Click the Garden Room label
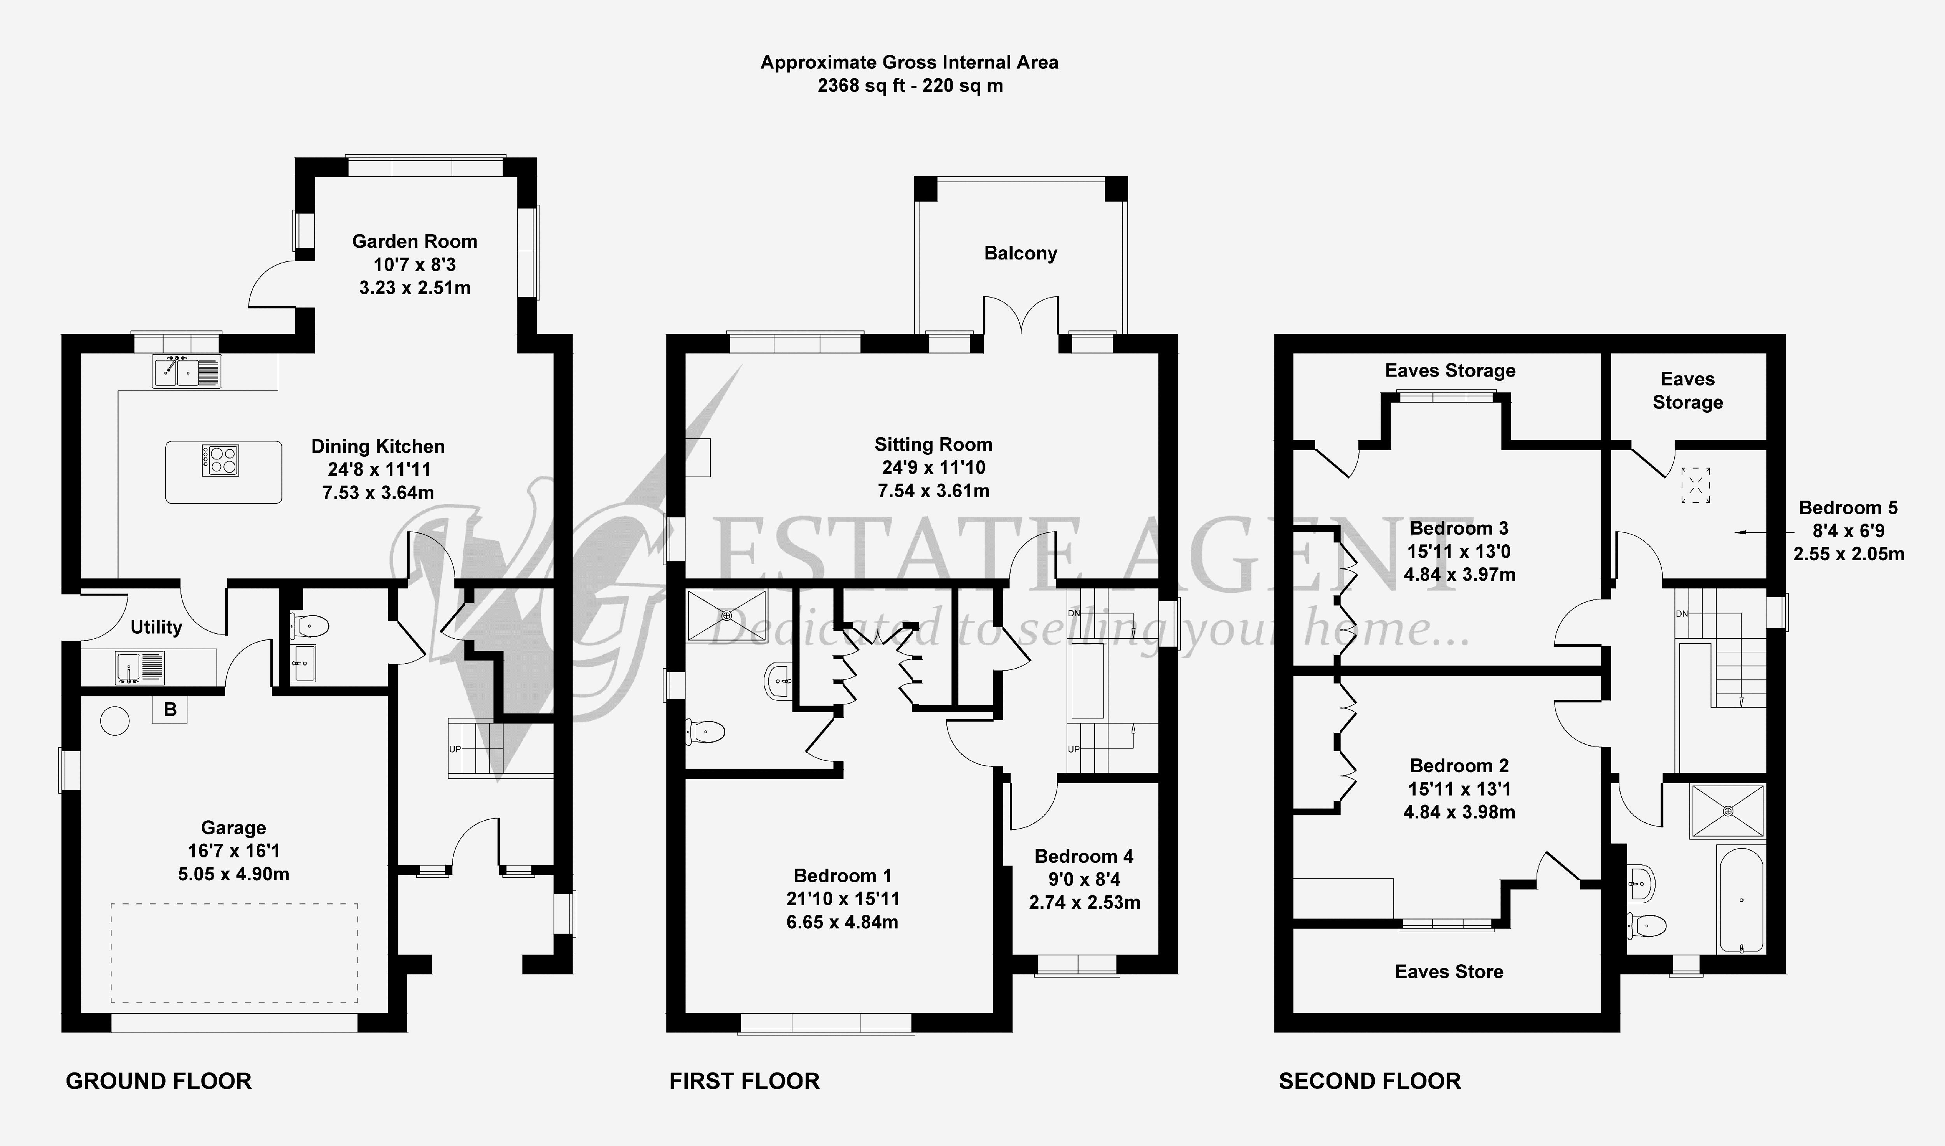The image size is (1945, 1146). pos(415,242)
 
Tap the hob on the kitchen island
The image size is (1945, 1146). pos(221,460)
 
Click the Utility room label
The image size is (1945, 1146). pos(156,627)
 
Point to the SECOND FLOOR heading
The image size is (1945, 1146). pos(1370,1081)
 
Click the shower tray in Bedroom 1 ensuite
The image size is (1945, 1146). pos(727,615)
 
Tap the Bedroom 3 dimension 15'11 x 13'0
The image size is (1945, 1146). pos(1459,551)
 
